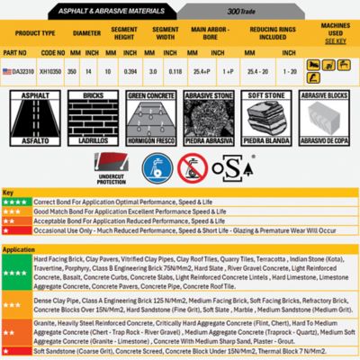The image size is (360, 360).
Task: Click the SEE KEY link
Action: [x=334, y=40]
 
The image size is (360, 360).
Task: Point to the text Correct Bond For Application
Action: [x=72, y=202]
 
